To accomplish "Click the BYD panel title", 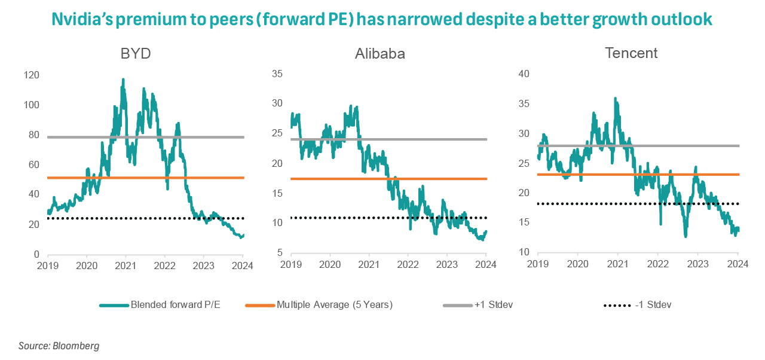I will click(135, 53).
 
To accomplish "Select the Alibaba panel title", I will click(380, 53).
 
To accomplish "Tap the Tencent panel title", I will click(631, 53).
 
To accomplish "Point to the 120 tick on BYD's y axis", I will click(30, 75).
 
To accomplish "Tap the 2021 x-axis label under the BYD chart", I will click(126, 266).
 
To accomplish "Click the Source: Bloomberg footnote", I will click(59, 346).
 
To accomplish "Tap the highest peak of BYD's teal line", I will click(123, 80).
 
